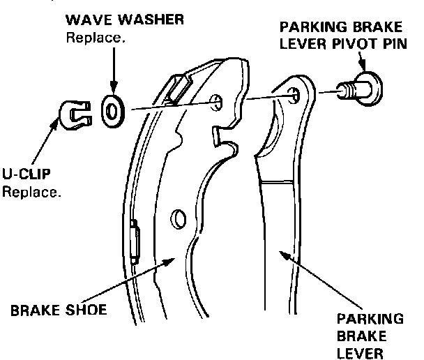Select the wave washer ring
112,110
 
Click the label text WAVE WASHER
125,20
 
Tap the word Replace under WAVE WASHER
95,36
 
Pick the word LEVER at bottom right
358,352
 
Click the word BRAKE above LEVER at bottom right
356,336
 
